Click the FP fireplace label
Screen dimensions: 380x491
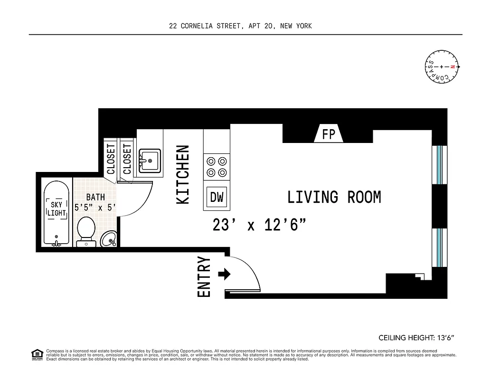[x=329, y=135]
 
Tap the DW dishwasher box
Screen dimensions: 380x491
[x=217, y=197]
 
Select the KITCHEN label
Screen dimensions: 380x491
[x=183, y=175]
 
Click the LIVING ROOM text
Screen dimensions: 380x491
[x=334, y=197]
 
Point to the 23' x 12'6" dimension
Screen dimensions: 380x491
[x=258, y=225]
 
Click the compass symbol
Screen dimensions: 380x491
[x=442, y=67]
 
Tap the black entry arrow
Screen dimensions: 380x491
[x=224, y=274]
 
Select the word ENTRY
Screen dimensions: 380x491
[x=204, y=277]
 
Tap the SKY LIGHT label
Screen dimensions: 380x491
[x=57, y=209]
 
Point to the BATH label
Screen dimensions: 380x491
[x=95, y=197]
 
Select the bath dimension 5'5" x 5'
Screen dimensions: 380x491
[x=95, y=208]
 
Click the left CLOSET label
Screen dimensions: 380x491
[x=111, y=159]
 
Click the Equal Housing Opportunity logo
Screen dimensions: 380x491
[x=37, y=354]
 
